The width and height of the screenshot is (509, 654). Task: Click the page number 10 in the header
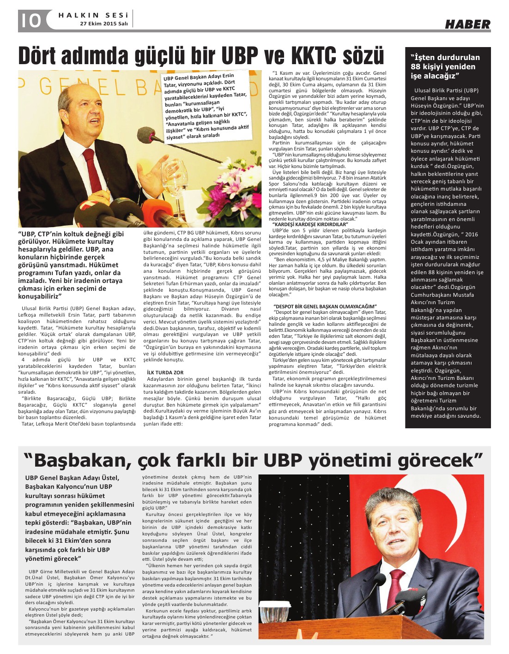coord(30,20)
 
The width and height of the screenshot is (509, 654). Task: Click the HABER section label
coord(467,24)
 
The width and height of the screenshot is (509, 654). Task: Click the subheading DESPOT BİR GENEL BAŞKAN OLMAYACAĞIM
coord(325,306)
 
